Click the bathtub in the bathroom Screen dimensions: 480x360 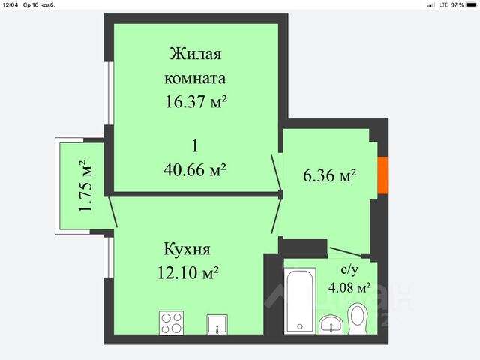pos(300,301)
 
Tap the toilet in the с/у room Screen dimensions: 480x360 pos(358,319)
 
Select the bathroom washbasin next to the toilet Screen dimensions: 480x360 pos(331,325)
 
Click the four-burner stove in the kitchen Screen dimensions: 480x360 pos(172,322)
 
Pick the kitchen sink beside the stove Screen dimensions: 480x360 pos(217,324)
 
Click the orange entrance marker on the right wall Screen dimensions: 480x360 pos(382,175)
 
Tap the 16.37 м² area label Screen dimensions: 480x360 pos(196,101)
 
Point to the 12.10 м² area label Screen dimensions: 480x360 pos(188,271)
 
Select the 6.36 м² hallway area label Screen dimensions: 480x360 pos(330,175)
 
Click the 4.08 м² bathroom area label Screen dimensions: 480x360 pos(349,287)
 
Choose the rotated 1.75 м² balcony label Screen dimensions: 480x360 pos(85,186)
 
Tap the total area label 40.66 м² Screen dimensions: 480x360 pos(195,169)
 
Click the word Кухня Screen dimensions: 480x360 pos(187,249)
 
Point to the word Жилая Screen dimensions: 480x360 pos(196,54)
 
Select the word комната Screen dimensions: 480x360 pos(195,78)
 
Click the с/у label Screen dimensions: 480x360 pos(349,269)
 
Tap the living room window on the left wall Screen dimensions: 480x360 pos(109,93)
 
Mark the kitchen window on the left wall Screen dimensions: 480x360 pos(109,257)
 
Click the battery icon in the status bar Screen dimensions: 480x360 pos(472,5)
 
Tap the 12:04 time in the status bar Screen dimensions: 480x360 pos(10,5)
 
